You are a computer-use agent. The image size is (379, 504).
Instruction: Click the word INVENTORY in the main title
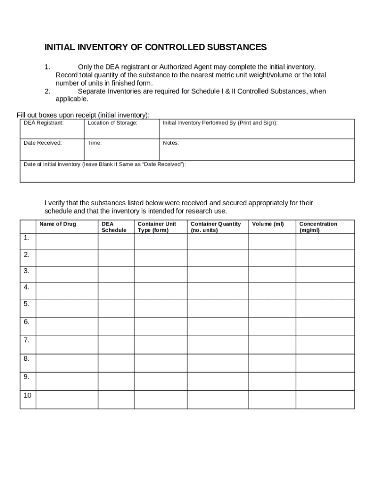pyautogui.click(x=101, y=47)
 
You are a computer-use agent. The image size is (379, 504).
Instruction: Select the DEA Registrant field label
pyautogui.click(x=43, y=123)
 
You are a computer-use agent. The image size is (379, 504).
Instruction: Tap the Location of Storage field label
pyautogui.click(x=112, y=123)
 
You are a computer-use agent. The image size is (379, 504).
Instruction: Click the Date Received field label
pyautogui.click(x=43, y=143)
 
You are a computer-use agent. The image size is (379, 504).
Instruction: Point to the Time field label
pyautogui.click(x=95, y=143)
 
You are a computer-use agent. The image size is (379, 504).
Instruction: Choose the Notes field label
pyautogui.click(x=171, y=143)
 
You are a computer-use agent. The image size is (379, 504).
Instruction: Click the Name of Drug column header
pyautogui.click(x=58, y=224)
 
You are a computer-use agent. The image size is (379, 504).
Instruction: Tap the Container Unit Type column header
pyautogui.click(x=157, y=227)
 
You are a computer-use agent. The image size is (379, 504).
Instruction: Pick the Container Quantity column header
pyautogui.click(x=216, y=227)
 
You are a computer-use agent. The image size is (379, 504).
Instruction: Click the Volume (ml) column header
pyautogui.click(x=268, y=224)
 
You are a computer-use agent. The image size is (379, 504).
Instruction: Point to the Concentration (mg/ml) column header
pyautogui.click(x=318, y=227)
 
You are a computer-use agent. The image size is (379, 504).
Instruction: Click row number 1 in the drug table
pyautogui.click(x=26, y=238)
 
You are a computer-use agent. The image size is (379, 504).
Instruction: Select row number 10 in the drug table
pyautogui.click(x=27, y=395)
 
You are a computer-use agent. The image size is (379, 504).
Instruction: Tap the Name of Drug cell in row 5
pyautogui.click(x=67, y=308)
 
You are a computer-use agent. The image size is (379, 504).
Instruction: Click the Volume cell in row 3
pyautogui.click(x=272, y=274)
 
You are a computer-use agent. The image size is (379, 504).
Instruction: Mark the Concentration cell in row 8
pyautogui.click(x=325, y=363)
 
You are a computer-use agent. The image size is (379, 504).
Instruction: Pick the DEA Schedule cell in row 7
pyautogui.click(x=116, y=345)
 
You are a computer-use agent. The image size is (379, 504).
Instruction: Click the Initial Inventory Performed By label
pyautogui.click(x=220, y=123)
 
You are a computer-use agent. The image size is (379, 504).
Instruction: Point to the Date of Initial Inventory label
pyautogui.click(x=105, y=164)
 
